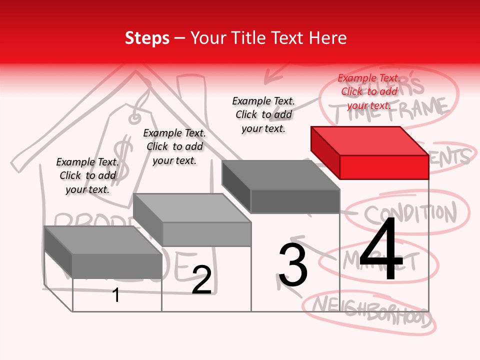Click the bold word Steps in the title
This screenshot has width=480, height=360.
147,38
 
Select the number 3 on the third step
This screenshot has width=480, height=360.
293,265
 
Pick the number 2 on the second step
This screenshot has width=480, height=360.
201,280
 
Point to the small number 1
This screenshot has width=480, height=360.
116,295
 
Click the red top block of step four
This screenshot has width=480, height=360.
370,152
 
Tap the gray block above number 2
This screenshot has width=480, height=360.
192,220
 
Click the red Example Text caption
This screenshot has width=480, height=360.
369,91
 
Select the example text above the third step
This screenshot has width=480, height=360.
263,114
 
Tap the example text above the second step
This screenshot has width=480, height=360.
174,146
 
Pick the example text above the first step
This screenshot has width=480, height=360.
87,175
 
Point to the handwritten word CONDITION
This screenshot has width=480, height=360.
410,214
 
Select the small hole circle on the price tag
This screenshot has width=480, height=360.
134,118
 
